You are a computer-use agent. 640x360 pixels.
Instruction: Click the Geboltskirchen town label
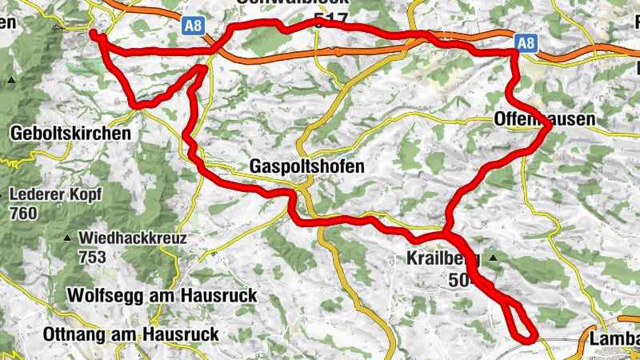(70, 134)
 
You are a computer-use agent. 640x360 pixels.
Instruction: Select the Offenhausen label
(545, 120)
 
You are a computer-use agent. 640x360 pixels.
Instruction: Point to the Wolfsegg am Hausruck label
(162, 295)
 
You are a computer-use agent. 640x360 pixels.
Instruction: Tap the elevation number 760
(25, 214)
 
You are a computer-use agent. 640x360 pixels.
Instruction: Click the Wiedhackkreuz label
(132, 238)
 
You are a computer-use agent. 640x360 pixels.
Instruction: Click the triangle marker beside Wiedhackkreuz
(67, 238)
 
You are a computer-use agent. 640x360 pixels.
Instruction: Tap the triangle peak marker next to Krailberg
(494, 258)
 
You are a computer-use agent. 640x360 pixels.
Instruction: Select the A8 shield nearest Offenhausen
(525, 43)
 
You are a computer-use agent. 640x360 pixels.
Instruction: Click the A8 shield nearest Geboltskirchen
(194, 26)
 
